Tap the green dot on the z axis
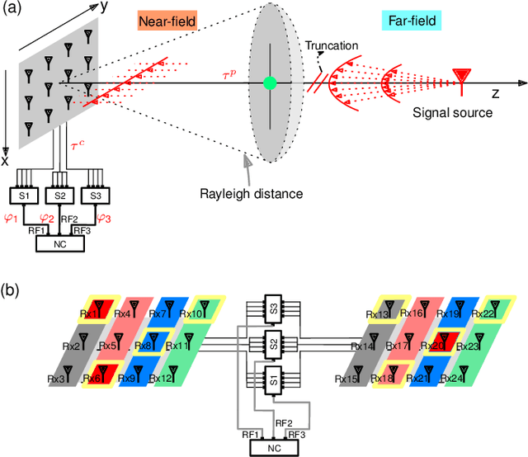click(269, 82)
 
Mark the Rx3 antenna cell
click(59, 378)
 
